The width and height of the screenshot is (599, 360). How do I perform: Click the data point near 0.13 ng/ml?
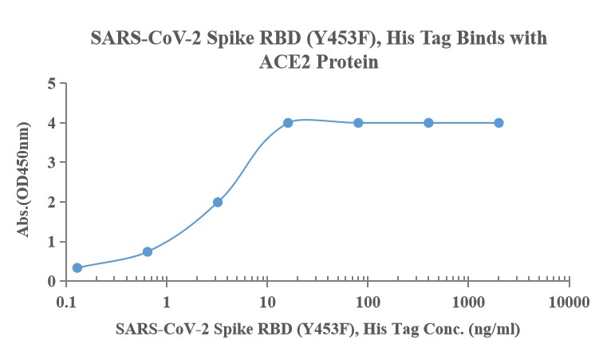tap(77, 267)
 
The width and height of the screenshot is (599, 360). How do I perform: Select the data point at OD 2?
tap(218, 202)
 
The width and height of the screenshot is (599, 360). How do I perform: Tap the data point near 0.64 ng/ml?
tap(148, 251)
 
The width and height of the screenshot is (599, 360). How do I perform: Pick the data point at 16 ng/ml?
tap(288, 122)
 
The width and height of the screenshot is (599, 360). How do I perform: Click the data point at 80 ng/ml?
tap(358, 122)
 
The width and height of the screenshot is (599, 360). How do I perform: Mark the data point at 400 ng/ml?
tap(428, 122)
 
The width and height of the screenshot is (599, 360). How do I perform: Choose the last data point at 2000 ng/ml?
tap(499, 122)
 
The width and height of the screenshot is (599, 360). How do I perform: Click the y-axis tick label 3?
tap(51, 162)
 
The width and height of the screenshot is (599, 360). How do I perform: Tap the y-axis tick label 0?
tap(51, 281)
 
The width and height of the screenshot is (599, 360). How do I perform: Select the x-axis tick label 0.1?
tap(66, 303)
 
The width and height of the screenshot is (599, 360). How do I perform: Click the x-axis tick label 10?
tap(267, 303)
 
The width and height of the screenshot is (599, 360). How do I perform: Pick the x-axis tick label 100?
tap(368, 303)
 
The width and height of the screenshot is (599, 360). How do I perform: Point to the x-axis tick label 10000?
tap(569, 303)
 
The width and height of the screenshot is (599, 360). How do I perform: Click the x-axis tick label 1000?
tap(468, 303)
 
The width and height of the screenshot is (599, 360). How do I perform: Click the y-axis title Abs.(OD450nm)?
tap(23, 182)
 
